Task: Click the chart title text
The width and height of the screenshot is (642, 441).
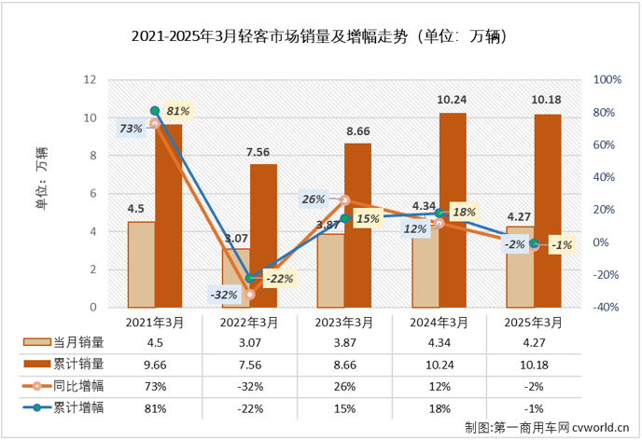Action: (320, 38)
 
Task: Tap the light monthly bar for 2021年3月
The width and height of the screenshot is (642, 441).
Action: (141, 264)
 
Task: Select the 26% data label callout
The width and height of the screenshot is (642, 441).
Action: (313, 199)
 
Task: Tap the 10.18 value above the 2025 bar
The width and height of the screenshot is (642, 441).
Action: (547, 100)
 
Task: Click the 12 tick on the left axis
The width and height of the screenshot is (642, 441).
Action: (91, 80)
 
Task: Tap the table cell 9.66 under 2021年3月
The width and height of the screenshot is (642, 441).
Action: (154, 363)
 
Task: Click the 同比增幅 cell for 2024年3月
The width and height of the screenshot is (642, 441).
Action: (438, 385)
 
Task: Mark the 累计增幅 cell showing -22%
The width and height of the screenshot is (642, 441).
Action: (249, 407)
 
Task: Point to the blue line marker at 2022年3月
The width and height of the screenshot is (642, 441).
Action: (249, 278)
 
